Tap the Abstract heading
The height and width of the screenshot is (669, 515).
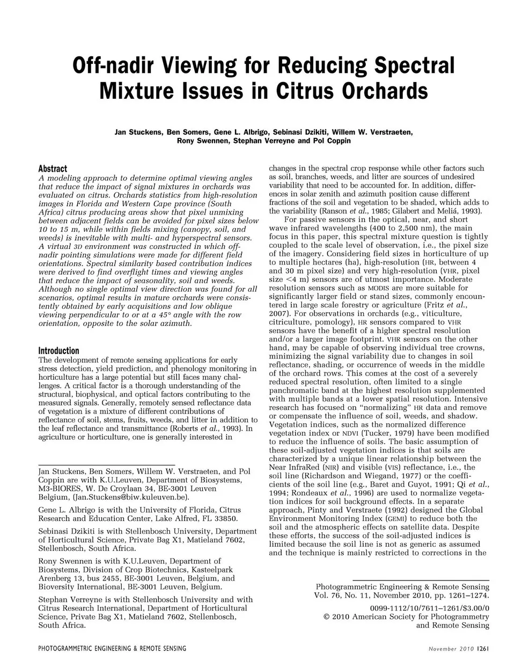[x=53, y=168]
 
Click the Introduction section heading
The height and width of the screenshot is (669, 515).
[x=58, y=350]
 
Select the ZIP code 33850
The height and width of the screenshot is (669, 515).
[x=225, y=518]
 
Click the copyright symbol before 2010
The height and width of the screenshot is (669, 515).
[x=327, y=616]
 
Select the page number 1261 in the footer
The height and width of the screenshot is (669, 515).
[x=481, y=649]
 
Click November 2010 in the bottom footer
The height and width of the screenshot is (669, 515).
[x=452, y=649]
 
